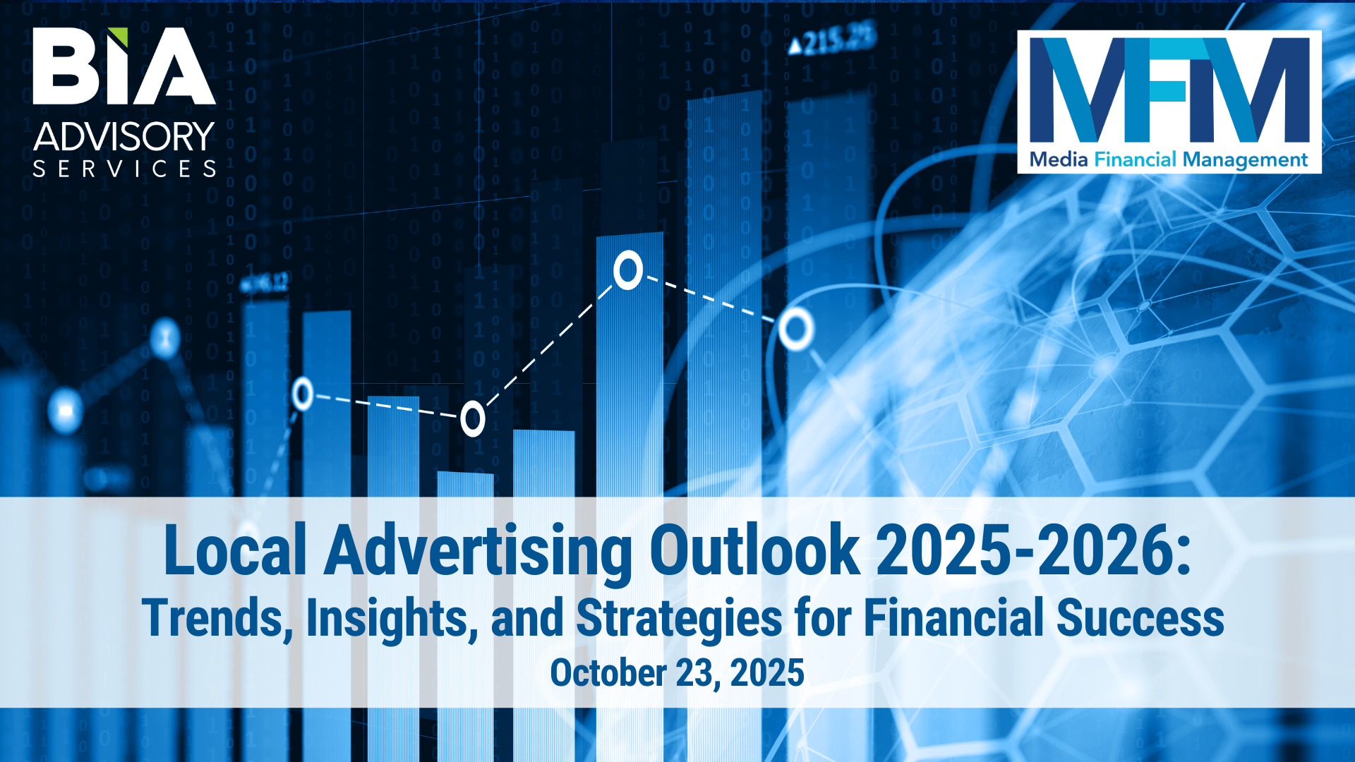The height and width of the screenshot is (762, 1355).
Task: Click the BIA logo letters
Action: point(124,66)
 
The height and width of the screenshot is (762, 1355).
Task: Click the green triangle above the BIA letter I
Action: point(119,35)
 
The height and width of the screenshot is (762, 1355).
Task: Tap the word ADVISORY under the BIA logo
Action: point(124,136)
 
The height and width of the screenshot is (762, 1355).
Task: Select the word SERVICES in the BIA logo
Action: point(124,169)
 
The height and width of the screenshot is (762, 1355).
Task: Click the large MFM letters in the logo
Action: point(1169,90)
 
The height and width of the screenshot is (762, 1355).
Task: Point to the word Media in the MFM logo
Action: point(1059,159)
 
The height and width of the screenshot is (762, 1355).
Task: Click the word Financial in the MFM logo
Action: point(1136,159)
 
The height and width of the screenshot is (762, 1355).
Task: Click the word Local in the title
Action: point(235,550)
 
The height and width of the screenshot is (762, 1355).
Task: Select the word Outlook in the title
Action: point(754,550)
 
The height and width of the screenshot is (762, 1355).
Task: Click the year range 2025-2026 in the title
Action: point(1026,550)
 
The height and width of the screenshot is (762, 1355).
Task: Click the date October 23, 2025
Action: point(677,672)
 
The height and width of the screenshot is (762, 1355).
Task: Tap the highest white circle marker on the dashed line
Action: point(627,270)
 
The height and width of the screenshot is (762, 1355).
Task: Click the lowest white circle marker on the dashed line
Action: point(473,419)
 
